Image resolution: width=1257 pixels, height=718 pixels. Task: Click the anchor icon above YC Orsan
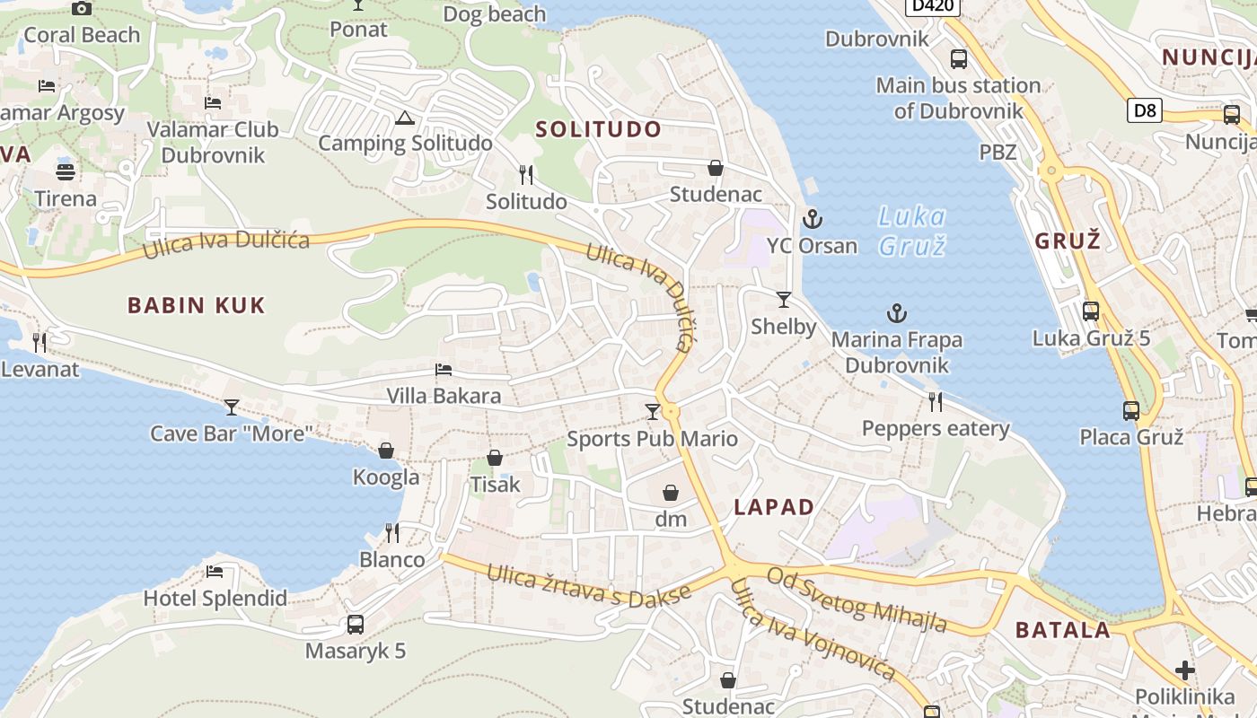click(x=812, y=219)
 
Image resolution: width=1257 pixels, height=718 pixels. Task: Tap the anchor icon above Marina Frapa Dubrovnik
click(x=896, y=313)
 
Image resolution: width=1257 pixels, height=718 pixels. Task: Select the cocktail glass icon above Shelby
click(x=784, y=300)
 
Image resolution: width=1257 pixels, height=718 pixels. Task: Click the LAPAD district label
click(x=774, y=507)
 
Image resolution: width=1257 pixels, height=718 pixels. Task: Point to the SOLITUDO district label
click(x=598, y=129)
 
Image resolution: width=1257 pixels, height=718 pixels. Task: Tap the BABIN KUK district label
click(x=197, y=305)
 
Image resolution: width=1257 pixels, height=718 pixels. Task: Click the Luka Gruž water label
click(x=910, y=231)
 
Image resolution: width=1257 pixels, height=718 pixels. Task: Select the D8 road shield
click(x=1145, y=110)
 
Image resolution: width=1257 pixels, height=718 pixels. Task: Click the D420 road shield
click(x=933, y=7)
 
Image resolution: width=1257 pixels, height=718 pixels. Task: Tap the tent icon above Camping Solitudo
click(x=405, y=118)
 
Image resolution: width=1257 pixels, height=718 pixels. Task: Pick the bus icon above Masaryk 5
click(x=356, y=625)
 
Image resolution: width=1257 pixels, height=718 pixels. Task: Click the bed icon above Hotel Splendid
click(x=215, y=572)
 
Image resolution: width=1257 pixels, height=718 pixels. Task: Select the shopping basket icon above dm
click(x=670, y=493)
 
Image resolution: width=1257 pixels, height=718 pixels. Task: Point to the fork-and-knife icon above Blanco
click(x=392, y=533)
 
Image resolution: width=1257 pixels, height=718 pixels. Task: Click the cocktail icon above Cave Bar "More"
click(x=232, y=407)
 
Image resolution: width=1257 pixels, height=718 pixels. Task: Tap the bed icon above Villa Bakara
click(x=444, y=370)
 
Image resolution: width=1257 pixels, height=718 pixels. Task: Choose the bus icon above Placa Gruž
click(x=1131, y=411)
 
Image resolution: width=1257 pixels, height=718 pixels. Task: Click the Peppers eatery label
click(x=936, y=429)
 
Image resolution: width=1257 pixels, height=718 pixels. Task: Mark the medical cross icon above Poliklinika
click(x=1185, y=670)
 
